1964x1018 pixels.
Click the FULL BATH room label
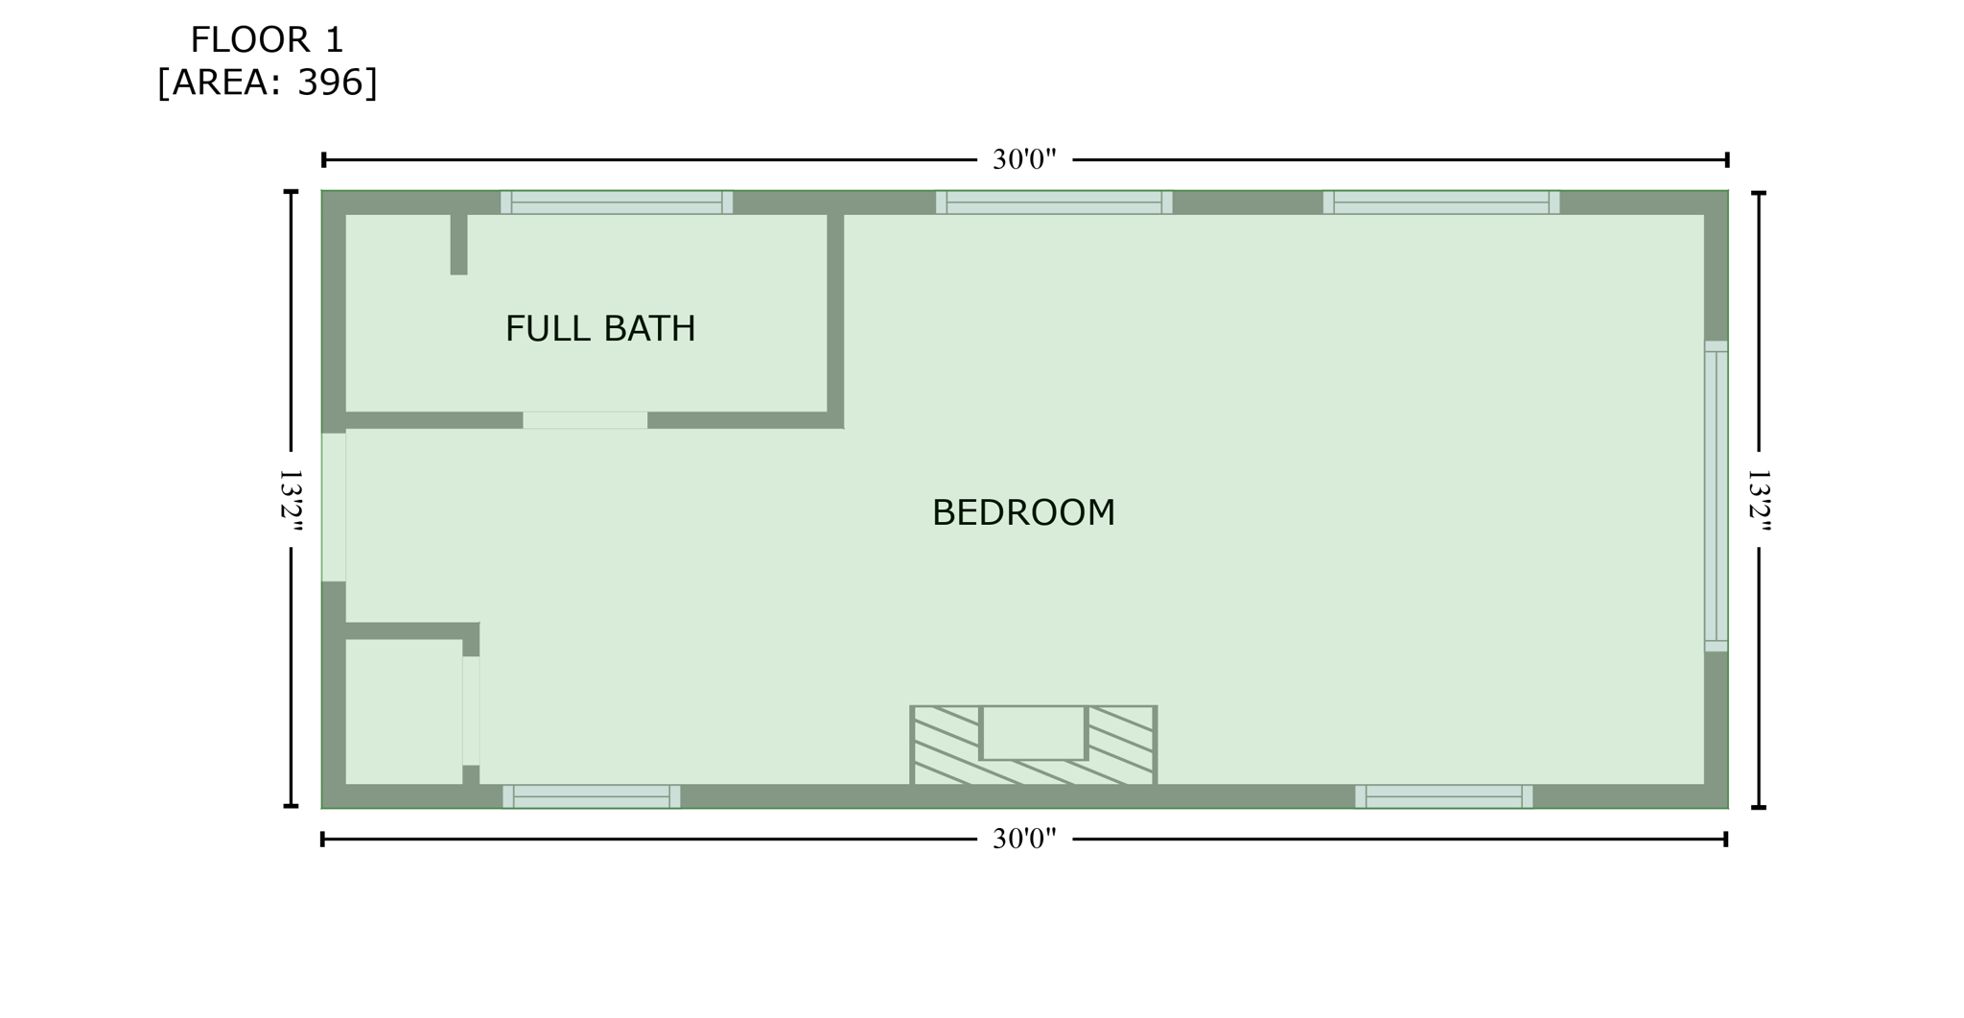[600, 329]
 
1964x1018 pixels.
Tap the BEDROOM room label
[1023, 513]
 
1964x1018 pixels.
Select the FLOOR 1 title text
[267, 40]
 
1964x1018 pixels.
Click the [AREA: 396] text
[267, 83]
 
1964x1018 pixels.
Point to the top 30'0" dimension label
[1024, 160]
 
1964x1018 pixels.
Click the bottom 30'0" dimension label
[1024, 840]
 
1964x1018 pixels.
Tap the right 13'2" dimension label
[1759, 500]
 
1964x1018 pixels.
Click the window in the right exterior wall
[1716, 496]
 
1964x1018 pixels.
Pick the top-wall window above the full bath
[617, 202]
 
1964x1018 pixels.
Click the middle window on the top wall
[1054, 202]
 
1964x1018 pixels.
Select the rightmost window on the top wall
[1441, 202]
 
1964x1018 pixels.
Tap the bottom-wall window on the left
[592, 796]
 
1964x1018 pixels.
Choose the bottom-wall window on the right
[1443, 796]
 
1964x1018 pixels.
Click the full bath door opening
[585, 420]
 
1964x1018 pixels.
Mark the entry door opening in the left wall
[334, 507]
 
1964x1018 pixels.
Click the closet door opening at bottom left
[471, 711]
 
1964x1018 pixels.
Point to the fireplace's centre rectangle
[1033, 733]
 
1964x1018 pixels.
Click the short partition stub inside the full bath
[459, 244]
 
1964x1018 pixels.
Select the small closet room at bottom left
[404, 711]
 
